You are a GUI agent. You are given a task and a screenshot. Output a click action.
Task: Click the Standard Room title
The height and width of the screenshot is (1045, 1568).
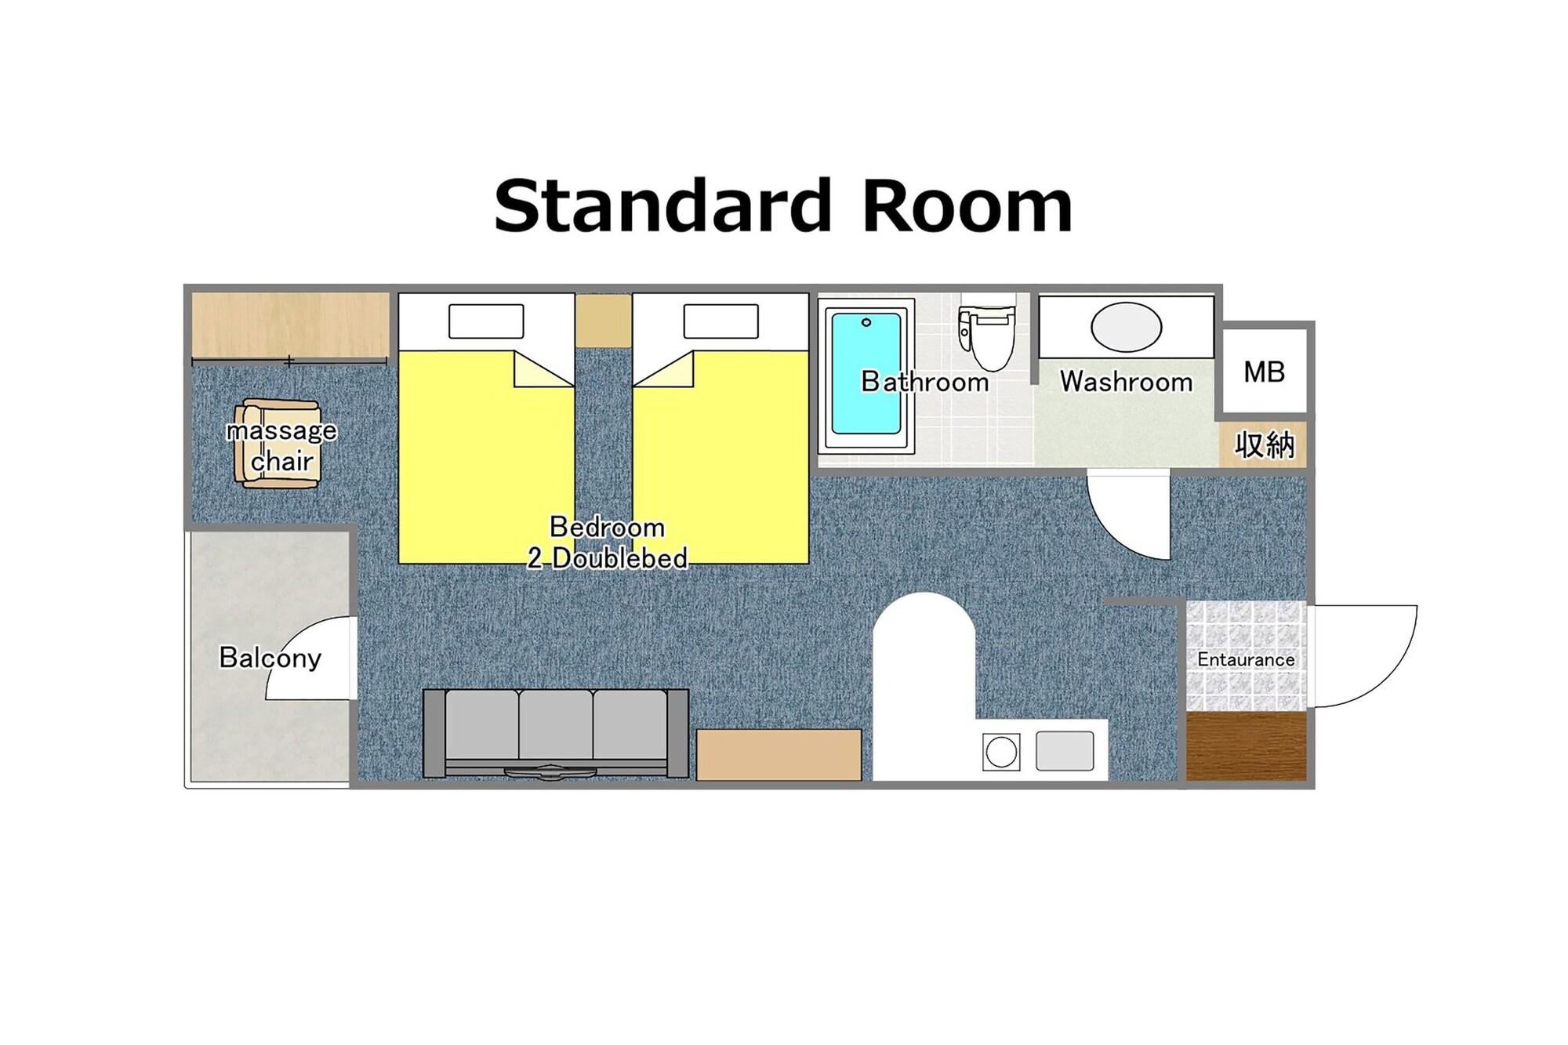pyautogui.click(x=782, y=205)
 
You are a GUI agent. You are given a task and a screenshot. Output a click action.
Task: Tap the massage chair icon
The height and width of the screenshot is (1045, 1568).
pyautogui.click(x=278, y=444)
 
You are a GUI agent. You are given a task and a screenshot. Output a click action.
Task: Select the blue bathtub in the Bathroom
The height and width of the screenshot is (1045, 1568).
pyautogui.click(x=866, y=373)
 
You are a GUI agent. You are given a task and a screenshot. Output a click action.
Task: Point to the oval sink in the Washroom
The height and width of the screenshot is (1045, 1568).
pyautogui.click(x=1126, y=327)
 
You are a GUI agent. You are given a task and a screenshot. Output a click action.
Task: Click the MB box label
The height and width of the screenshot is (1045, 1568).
pyautogui.click(x=1264, y=372)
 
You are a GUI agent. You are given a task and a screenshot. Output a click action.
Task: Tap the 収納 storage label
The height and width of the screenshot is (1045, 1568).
pyautogui.click(x=1264, y=445)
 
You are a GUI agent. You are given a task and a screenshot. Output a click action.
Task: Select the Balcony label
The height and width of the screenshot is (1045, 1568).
pyautogui.click(x=270, y=657)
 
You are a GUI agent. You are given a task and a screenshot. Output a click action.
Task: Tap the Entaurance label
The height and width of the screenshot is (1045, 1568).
pyautogui.click(x=1246, y=659)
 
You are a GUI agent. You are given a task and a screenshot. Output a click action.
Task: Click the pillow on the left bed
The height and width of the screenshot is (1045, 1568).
pyautogui.click(x=486, y=321)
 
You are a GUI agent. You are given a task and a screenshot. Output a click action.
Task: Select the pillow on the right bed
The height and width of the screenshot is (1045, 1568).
pyautogui.click(x=720, y=321)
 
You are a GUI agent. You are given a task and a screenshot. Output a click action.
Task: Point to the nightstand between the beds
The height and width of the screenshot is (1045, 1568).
pyautogui.click(x=603, y=321)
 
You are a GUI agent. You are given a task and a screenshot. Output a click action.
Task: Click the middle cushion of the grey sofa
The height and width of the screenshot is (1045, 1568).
pyautogui.click(x=556, y=724)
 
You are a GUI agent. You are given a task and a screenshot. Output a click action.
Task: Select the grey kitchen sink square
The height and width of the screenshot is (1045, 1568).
pyautogui.click(x=1065, y=751)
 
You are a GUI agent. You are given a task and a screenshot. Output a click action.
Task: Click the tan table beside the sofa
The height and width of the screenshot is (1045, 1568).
pyautogui.click(x=779, y=754)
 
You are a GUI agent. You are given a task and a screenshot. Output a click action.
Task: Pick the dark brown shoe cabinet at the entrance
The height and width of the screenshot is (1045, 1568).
pyautogui.click(x=1246, y=746)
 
